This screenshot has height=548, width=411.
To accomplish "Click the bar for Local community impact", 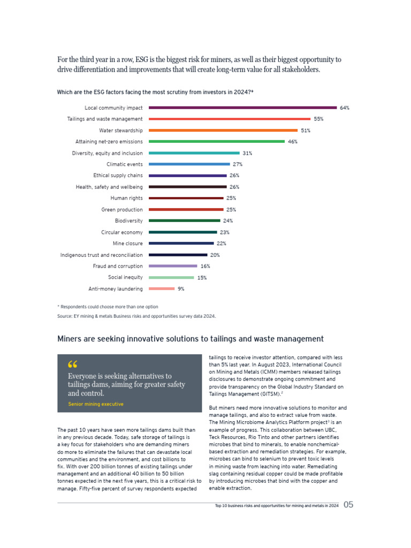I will (242, 108).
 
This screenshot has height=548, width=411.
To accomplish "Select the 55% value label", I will (318, 119).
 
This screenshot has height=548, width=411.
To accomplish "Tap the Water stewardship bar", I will (223, 130).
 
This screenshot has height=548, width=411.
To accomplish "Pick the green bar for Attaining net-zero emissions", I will (216, 141).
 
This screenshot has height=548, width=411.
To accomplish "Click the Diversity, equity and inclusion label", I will (107, 153).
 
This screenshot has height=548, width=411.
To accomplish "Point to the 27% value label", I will (238, 164).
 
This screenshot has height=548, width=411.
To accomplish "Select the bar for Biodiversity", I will (184, 220).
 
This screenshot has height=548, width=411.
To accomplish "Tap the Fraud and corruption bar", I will (172, 266).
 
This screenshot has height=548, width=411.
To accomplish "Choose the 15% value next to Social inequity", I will (202, 278).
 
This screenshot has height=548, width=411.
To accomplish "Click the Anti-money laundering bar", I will (162, 289).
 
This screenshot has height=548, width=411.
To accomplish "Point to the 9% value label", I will (181, 289).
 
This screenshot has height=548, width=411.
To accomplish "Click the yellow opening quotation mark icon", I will (73, 365).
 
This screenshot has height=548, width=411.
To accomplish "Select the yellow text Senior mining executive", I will (96, 404).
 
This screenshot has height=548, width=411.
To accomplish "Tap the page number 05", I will (348, 505).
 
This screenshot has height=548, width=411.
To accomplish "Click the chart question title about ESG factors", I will (155, 92).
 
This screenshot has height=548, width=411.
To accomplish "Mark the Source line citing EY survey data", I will (136, 316).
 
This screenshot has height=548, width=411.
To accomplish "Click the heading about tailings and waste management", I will (190, 339).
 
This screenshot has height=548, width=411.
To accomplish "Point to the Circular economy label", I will (122, 232).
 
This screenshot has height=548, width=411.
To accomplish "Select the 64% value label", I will (344, 108).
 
